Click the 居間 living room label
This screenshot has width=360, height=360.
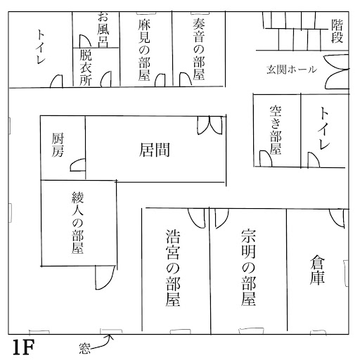[x=155, y=150]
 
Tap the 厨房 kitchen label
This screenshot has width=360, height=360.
[x=58, y=145]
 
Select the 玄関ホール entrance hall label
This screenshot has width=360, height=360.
[x=292, y=70]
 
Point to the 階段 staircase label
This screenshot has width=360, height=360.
[x=337, y=31]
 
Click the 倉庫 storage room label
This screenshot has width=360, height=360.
[x=317, y=270]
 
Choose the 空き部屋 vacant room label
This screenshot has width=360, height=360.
[x=276, y=130]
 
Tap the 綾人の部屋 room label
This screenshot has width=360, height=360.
[x=77, y=223]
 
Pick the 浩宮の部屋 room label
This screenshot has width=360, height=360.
[x=173, y=268]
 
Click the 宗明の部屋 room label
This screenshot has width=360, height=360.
[x=248, y=268]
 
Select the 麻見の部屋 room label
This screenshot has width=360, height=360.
[x=143, y=50]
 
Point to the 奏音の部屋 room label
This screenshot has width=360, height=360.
[x=199, y=49]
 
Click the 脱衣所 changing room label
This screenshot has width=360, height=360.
[x=86, y=67]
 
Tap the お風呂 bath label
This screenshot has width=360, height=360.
[x=103, y=30]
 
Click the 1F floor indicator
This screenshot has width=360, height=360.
[x=23, y=347]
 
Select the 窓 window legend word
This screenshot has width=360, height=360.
[x=84, y=348]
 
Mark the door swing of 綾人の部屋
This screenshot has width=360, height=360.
[x=105, y=277]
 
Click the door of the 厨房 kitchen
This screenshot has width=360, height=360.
[x=77, y=165]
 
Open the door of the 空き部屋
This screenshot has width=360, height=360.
[x=266, y=159]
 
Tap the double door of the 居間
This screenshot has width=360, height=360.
[x=210, y=125]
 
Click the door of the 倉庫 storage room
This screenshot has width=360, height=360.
[x=337, y=218]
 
